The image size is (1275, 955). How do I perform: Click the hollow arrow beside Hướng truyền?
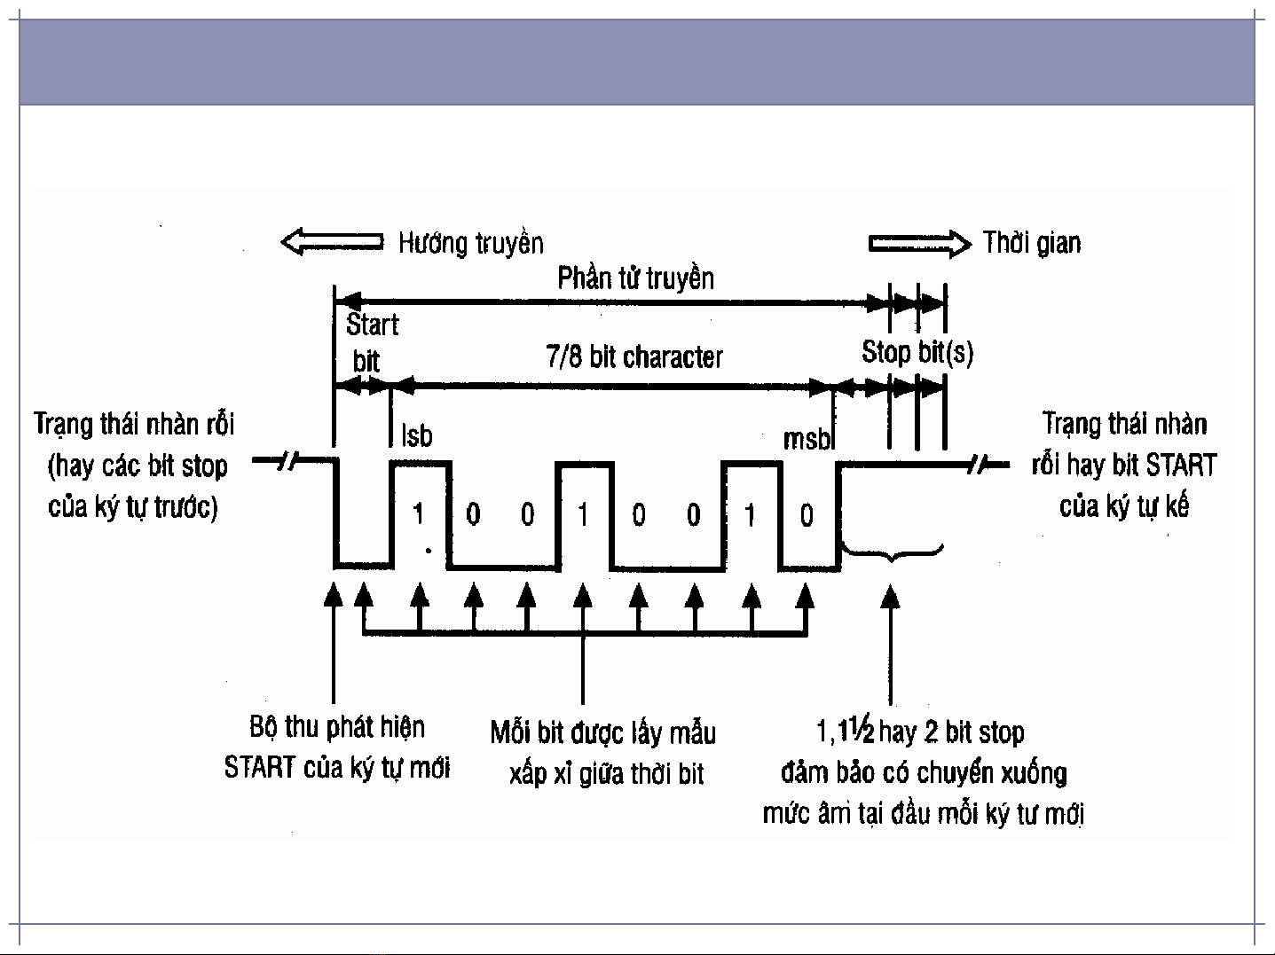(x=332, y=242)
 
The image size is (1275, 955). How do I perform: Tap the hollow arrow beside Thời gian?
(x=919, y=243)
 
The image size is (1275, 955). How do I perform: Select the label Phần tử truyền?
(x=635, y=278)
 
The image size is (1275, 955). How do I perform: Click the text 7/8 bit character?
(x=634, y=357)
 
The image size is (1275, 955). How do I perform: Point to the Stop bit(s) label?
(x=917, y=353)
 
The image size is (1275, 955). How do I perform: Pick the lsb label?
(x=417, y=436)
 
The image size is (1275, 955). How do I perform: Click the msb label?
(x=806, y=439)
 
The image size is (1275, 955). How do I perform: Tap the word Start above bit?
(x=372, y=325)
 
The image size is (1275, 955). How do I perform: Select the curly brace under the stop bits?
(x=892, y=553)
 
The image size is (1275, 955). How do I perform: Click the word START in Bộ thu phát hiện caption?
(x=259, y=767)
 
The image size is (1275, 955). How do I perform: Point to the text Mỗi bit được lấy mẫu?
(x=602, y=733)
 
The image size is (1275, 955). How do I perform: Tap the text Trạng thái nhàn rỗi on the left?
(x=134, y=424)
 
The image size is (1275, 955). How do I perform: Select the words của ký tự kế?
(x=1123, y=506)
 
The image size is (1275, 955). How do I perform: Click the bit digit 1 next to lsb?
(x=418, y=514)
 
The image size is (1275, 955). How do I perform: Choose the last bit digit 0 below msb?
(x=806, y=515)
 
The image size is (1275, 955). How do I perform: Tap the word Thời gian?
(x=1032, y=243)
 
